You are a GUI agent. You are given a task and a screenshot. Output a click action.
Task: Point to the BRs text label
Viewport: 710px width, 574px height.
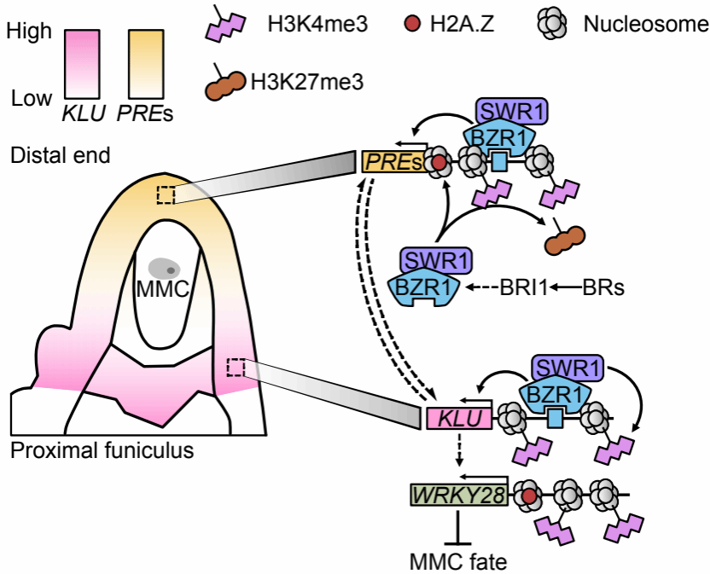(604, 288)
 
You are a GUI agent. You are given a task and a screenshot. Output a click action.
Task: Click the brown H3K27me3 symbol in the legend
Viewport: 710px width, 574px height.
(226, 85)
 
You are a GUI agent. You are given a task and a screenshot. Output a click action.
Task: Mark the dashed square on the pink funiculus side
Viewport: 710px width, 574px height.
(236, 368)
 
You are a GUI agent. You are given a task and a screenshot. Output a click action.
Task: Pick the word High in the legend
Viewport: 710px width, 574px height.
(28, 32)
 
